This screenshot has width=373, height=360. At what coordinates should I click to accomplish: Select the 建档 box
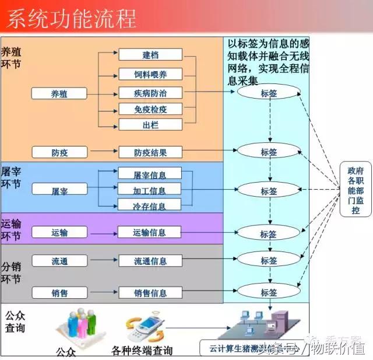(x=150, y=55)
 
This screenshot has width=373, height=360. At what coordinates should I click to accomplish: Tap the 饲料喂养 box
(x=150, y=74)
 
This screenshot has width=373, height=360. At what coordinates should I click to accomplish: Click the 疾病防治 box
(x=150, y=93)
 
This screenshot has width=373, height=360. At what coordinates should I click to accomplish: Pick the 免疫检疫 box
(x=150, y=109)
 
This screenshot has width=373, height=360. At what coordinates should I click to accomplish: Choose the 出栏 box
(x=150, y=125)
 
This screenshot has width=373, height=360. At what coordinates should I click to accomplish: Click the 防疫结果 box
(x=150, y=153)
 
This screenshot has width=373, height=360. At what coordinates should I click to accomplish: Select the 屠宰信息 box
(x=150, y=174)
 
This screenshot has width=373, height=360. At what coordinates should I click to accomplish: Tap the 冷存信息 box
(x=150, y=205)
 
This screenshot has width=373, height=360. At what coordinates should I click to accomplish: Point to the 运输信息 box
(x=150, y=232)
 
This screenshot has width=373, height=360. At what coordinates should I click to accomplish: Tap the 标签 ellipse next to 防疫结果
(x=269, y=151)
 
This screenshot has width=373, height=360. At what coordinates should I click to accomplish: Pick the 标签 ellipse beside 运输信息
(x=269, y=233)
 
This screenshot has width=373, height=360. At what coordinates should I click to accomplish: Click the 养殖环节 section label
(x=12, y=57)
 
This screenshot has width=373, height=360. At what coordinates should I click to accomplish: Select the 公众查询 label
(x=15, y=321)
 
